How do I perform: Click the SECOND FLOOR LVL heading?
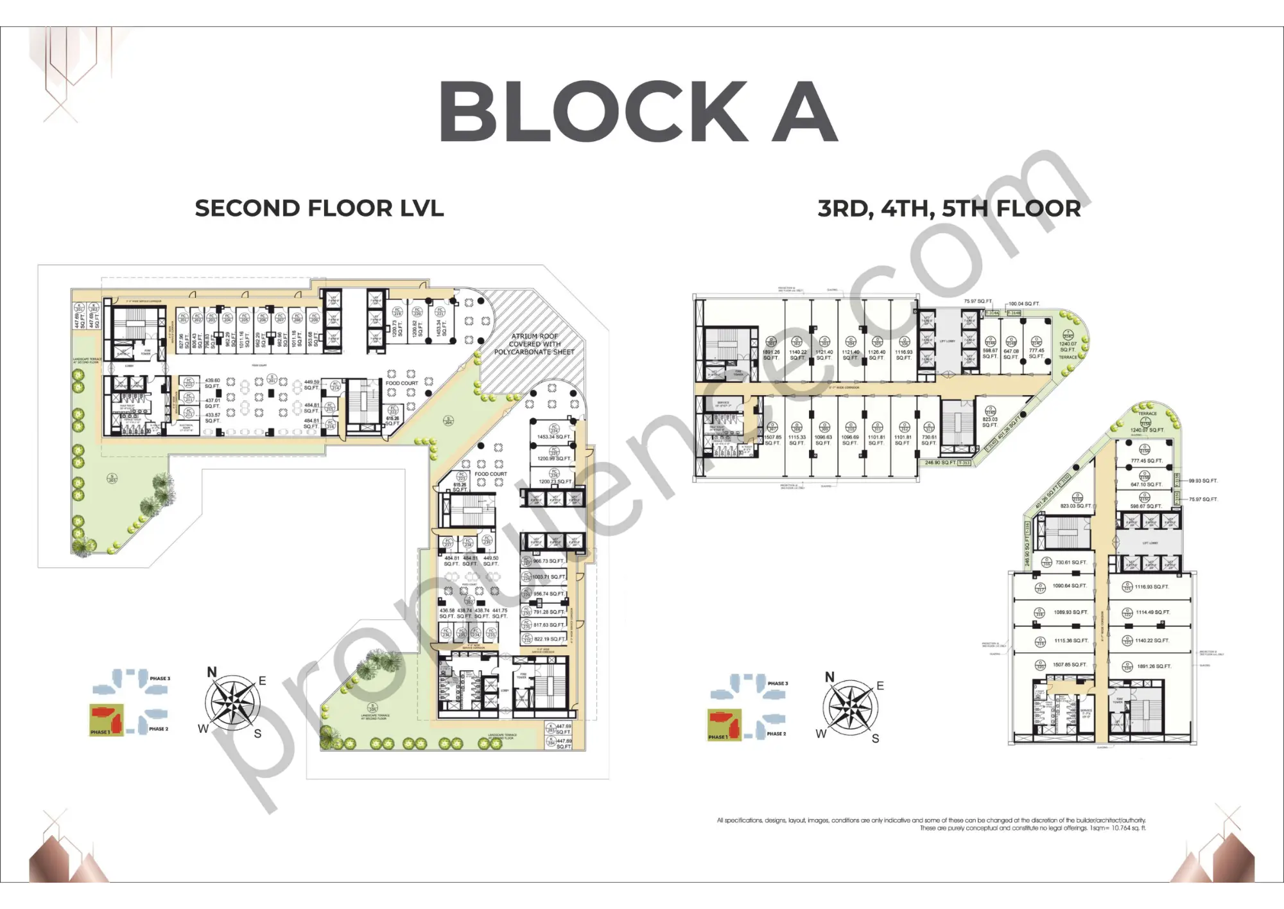pyautogui.click(x=319, y=208)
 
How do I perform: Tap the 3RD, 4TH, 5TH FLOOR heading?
pyautogui.click(x=949, y=209)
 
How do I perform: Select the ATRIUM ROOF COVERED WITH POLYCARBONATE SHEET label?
pyautogui.click(x=534, y=344)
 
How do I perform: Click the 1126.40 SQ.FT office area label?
pyautogui.click(x=877, y=355)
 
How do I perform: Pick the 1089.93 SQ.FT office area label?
pyautogui.click(x=1070, y=612)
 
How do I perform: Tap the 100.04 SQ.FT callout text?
pyautogui.click(x=1025, y=304)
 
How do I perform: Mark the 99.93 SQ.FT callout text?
pyautogui.click(x=1203, y=481)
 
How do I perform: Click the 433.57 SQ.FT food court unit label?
pyautogui.click(x=213, y=418)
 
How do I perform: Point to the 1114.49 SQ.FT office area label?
pyautogui.click(x=1153, y=612)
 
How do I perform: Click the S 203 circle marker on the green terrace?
pyautogui.click(x=112, y=479)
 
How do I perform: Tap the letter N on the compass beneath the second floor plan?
pyautogui.click(x=212, y=672)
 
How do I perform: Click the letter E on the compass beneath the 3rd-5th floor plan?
pyautogui.click(x=880, y=686)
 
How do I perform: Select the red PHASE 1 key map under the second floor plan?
pyautogui.click(x=106, y=719)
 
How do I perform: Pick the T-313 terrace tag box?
pyautogui.click(x=964, y=463)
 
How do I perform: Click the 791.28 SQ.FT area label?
pyautogui.click(x=549, y=612)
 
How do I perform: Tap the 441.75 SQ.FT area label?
pyautogui.click(x=500, y=613)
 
